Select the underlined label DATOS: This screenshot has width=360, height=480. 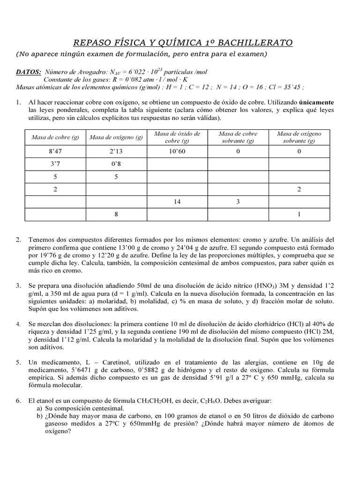click(x=29, y=72)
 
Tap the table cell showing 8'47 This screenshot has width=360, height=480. click(x=55, y=151)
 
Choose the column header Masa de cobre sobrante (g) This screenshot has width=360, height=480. click(x=238, y=137)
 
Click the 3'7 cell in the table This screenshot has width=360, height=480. click(x=55, y=164)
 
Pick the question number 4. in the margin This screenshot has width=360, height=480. click(x=18, y=324)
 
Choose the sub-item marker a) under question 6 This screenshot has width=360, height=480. click(x=39, y=408)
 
